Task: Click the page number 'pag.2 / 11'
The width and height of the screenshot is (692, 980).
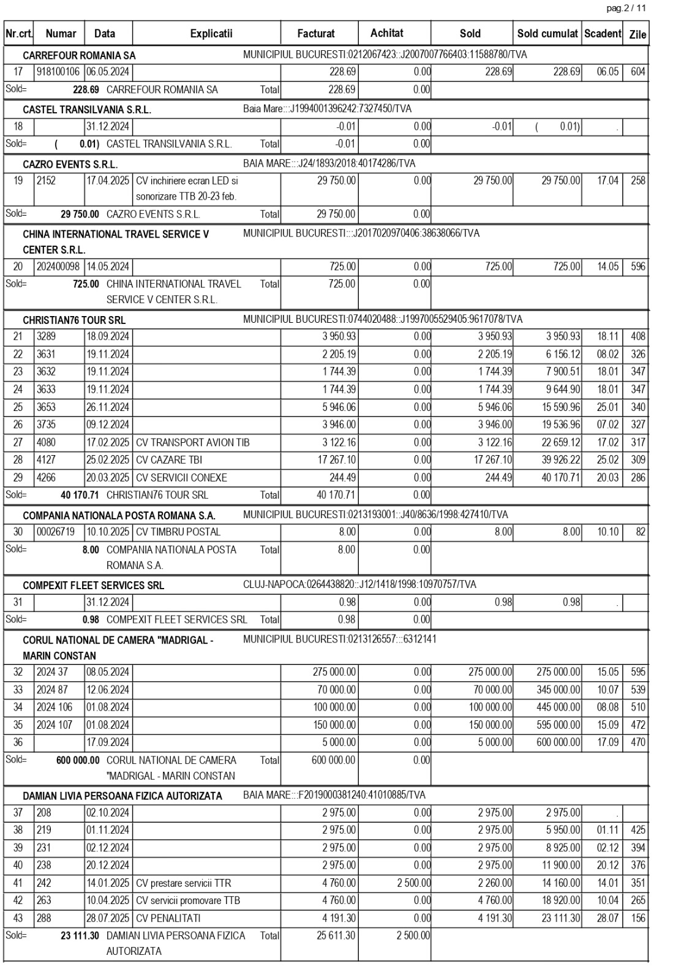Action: coord(626,9)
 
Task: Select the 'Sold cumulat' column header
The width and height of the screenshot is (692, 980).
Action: coord(547,34)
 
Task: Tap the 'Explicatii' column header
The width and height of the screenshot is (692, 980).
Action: coord(211,34)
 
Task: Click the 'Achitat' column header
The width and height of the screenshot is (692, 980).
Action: coord(387,33)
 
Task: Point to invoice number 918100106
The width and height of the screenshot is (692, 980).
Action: coord(58,72)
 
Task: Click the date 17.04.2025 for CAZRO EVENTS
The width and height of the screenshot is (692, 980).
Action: coord(108,181)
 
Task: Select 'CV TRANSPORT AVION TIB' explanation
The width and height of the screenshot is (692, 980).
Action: coord(193,442)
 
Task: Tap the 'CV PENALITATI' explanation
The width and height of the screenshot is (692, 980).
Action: coord(168,918)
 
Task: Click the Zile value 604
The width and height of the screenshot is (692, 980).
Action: coord(638,72)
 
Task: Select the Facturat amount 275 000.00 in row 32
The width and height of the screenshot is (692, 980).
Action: coord(334,671)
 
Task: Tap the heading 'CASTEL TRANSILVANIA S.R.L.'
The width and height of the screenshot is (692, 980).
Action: coord(87,110)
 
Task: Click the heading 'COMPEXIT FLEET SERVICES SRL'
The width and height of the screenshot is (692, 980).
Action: coord(94,585)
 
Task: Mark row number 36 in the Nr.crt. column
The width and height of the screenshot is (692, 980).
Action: coord(18,742)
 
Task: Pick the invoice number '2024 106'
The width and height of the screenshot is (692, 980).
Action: coord(55,707)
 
